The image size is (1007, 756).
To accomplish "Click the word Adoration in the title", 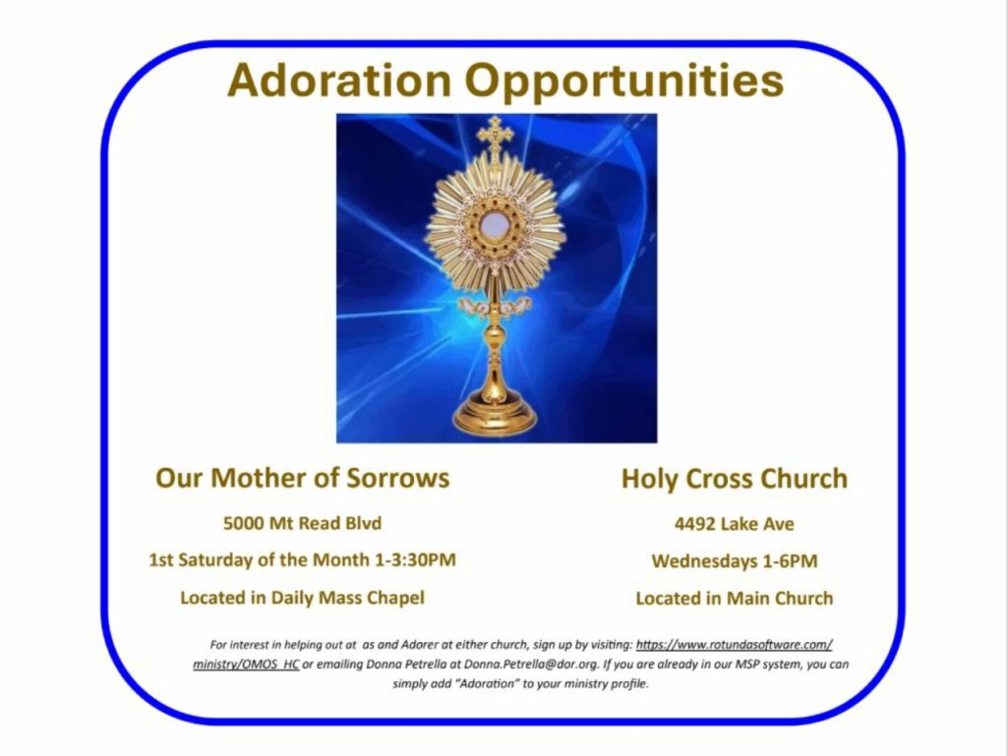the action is point(339,80).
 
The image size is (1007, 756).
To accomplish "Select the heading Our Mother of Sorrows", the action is point(303,478).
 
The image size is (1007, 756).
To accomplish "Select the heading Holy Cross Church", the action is point(734,479).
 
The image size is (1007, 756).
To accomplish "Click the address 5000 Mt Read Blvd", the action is point(303,523).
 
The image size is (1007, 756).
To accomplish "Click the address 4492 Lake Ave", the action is point(734,524).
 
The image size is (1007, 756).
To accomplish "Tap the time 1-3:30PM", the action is point(415,560).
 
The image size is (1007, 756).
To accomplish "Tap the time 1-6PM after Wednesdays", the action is point(790,561).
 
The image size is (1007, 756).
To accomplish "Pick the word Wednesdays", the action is point(704,561).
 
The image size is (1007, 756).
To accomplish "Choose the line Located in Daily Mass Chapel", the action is point(303,598).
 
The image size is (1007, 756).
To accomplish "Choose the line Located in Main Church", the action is point(734,599).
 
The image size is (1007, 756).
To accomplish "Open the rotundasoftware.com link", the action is point(734,645).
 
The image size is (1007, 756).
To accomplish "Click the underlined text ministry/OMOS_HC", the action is point(246,665).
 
